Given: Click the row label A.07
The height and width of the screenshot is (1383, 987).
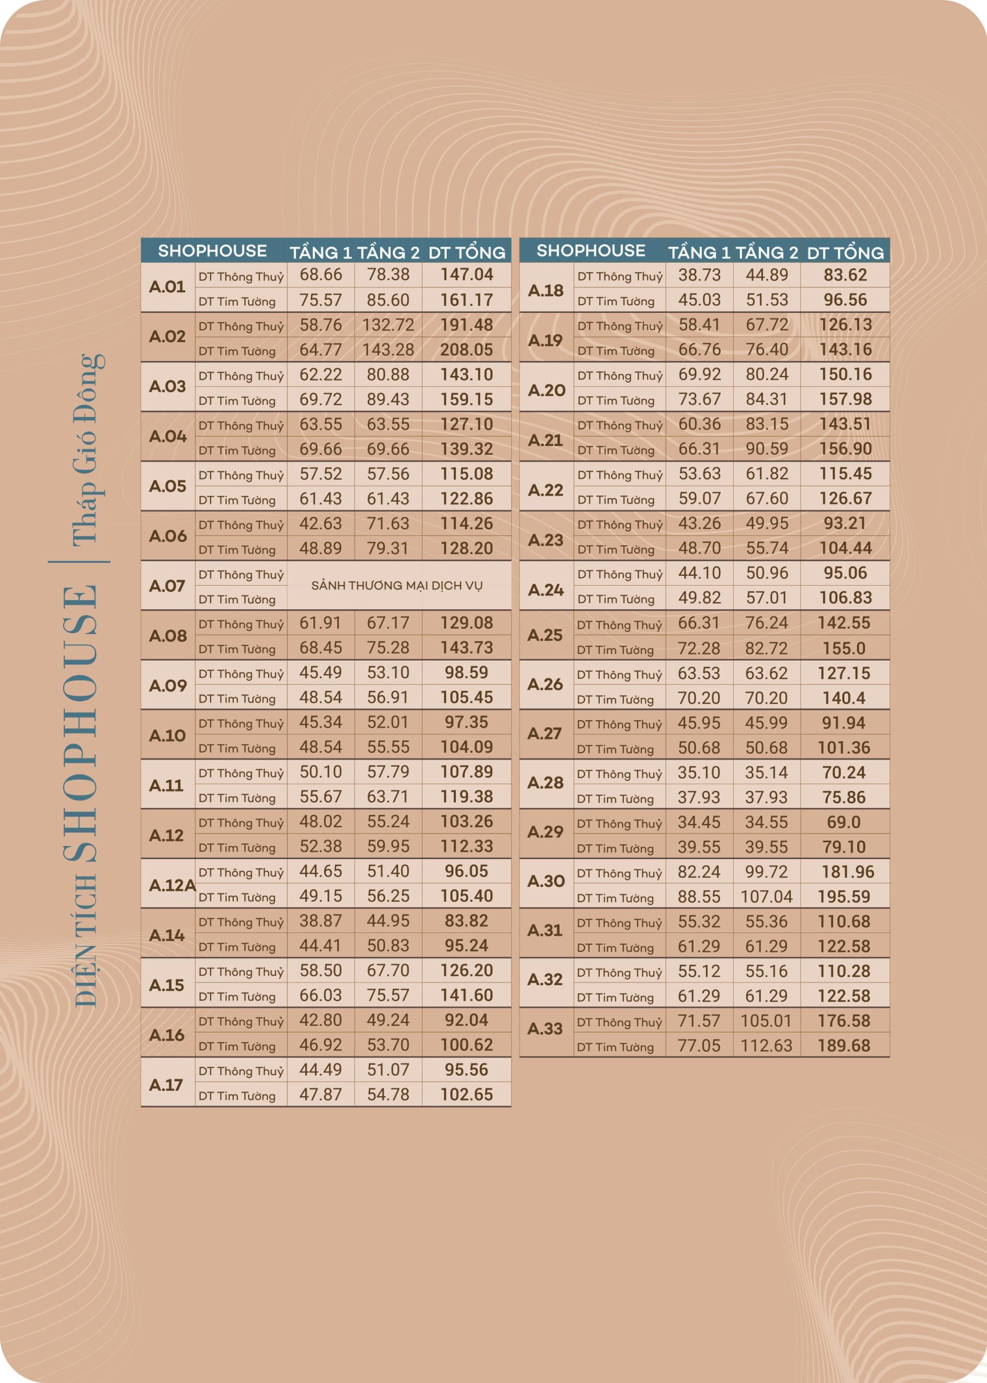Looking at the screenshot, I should [167, 586].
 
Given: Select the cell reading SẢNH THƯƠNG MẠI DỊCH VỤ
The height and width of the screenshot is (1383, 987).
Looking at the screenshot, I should [397, 586].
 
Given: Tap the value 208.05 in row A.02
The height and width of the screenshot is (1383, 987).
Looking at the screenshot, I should [466, 350].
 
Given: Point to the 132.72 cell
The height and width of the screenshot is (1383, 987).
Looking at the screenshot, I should [388, 325].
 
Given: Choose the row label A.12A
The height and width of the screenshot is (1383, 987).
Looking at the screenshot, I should [172, 885].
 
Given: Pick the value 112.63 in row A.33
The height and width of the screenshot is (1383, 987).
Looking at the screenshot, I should [766, 1046].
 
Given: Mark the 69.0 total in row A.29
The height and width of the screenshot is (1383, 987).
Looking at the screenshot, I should [844, 822].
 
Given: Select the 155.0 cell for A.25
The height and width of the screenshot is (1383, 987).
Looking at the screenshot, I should [844, 648].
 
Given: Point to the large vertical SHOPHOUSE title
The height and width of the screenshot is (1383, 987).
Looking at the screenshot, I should [81, 723].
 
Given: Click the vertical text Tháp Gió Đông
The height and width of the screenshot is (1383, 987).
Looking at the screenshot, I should [88, 449].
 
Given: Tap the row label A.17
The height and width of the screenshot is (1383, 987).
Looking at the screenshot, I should [166, 1085].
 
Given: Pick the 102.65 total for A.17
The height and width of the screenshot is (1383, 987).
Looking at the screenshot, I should [466, 1095].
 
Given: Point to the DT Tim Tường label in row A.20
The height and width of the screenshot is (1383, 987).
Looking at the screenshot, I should [616, 400].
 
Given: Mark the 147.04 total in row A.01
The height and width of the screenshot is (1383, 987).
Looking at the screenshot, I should [466, 274].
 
